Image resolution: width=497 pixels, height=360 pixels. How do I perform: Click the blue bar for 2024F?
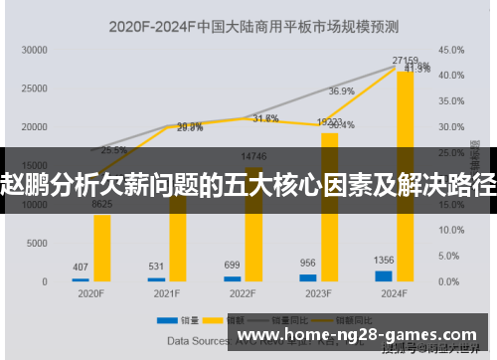384,275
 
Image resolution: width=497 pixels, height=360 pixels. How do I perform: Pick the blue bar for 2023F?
308,277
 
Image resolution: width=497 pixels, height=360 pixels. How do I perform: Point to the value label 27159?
405,61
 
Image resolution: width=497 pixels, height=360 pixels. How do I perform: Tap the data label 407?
81,267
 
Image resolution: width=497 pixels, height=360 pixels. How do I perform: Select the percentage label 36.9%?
341,91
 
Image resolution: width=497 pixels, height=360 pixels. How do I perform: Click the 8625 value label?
101,204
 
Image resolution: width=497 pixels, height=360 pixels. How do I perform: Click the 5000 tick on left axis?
38,243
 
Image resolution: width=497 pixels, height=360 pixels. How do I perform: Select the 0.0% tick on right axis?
448,281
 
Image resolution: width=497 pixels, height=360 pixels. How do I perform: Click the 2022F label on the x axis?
243,294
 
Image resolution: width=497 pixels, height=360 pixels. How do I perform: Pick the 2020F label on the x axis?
90,294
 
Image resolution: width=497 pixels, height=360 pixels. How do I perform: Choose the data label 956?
308,264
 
